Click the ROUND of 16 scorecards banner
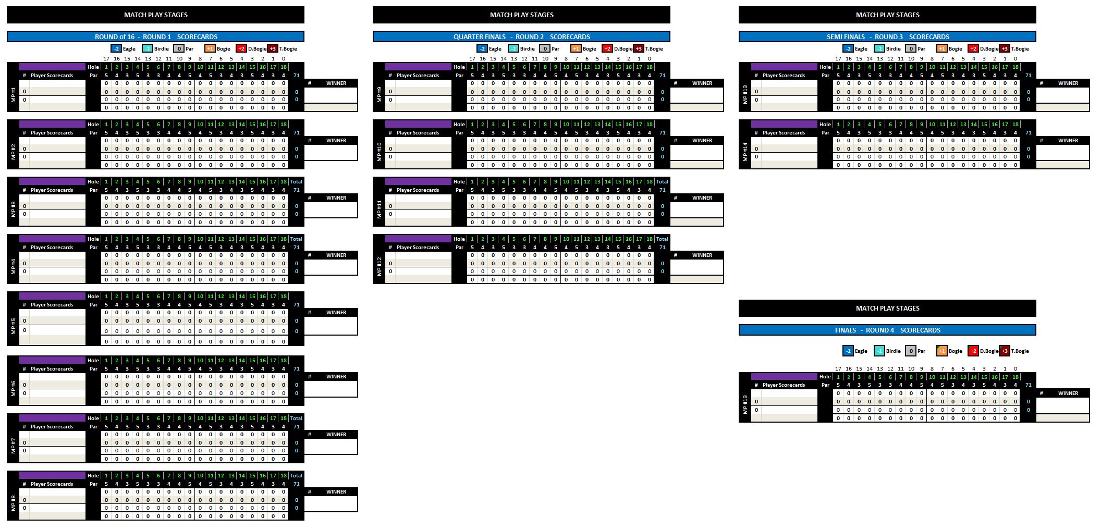tap(155, 36)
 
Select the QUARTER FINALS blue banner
tap(521, 36)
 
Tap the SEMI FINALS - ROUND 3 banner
tap(887, 36)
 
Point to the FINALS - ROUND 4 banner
tap(887, 330)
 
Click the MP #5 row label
tap(14, 326)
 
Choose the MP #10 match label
tap(380, 152)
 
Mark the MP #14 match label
tap(745, 152)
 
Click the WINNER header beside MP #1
tap(336, 83)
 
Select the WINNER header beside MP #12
tap(702, 255)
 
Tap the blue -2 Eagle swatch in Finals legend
tap(848, 351)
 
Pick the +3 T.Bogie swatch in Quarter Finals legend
tap(638, 49)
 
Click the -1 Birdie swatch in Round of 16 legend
tap(148, 49)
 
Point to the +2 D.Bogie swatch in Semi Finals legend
tap(973, 49)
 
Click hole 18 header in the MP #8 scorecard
tap(284, 476)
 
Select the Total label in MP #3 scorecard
tap(296, 182)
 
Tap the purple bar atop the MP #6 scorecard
tap(52, 360)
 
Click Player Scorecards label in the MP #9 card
tap(418, 76)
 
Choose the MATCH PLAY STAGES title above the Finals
tap(887, 308)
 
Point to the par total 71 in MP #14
tap(1028, 133)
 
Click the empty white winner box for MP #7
tap(331, 446)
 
